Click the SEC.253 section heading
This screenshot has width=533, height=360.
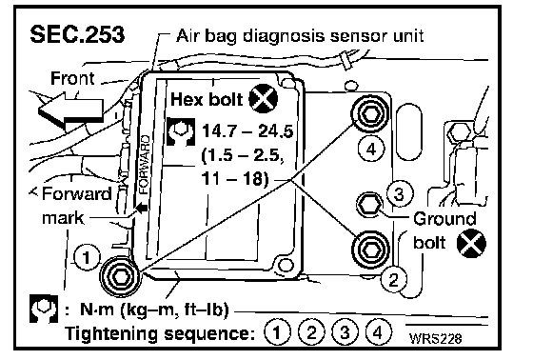pyautogui.click(x=77, y=34)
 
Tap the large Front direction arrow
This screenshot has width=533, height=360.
pyautogui.click(x=70, y=110)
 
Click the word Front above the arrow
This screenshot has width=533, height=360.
pyautogui.click(x=72, y=78)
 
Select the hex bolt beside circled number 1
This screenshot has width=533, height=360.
pyautogui.click(x=119, y=276)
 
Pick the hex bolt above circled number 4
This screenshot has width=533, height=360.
pyautogui.click(x=370, y=114)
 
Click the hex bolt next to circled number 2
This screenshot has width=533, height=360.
pyautogui.click(x=370, y=250)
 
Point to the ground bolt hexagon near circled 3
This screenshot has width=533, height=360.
pyautogui.click(x=369, y=205)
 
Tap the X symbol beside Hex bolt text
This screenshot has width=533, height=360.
pyautogui.click(x=263, y=99)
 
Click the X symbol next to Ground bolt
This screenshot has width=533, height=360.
pyautogui.click(x=471, y=243)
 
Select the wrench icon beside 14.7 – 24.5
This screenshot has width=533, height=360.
pyautogui.click(x=181, y=132)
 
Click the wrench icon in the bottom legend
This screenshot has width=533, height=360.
pyautogui.click(x=44, y=309)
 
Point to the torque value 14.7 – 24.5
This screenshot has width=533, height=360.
pyautogui.click(x=247, y=131)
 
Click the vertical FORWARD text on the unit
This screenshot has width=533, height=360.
pyautogui.click(x=145, y=165)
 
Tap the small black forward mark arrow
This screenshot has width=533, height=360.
pyautogui.click(x=142, y=208)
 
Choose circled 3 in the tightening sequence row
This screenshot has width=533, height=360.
pyautogui.click(x=345, y=332)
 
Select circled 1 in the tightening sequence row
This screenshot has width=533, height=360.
pyautogui.click(x=277, y=332)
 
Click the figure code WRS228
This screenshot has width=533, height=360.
pyautogui.click(x=436, y=338)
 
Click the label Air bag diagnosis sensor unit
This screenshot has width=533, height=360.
pyautogui.click(x=300, y=35)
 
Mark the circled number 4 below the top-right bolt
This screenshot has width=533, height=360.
pyautogui.click(x=371, y=149)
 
